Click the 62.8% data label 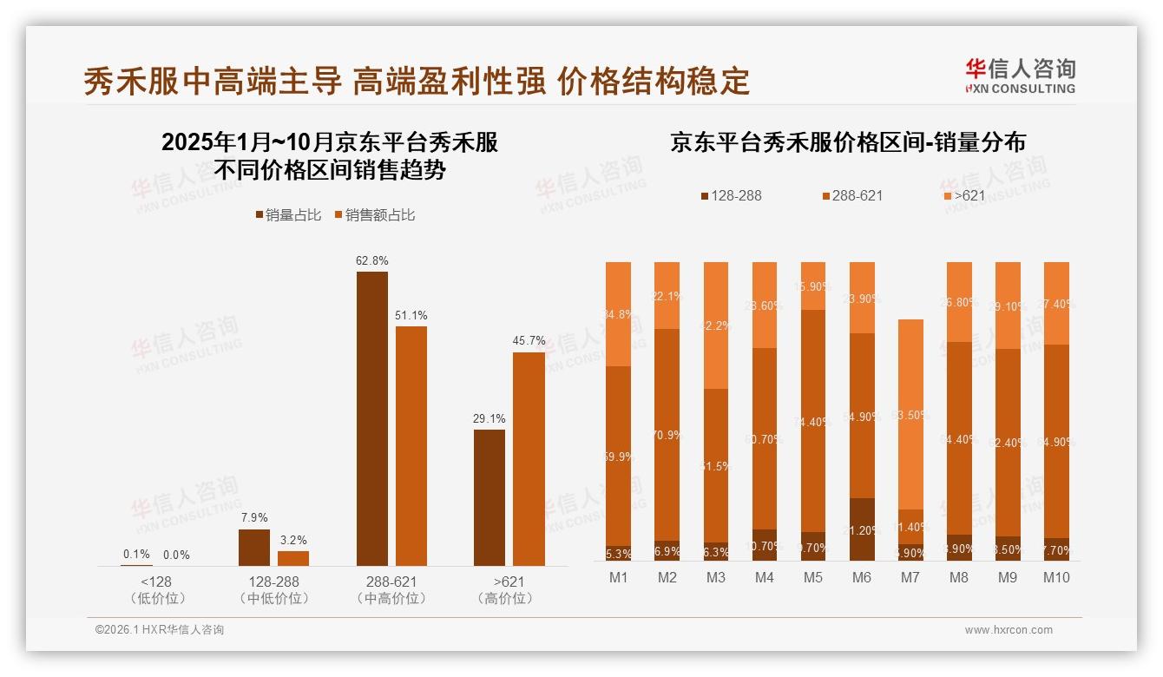(x=371, y=260)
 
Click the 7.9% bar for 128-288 (x=253, y=547)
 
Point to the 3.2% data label (x=293, y=540)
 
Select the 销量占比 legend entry (x=290, y=214)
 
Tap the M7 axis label (x=910, y=577)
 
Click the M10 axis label (x=1056, y=577)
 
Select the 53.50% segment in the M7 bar (x=910, y=414)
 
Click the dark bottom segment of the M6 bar (x=862, y=529)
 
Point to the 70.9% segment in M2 (x=667, y=434)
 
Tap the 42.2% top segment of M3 (x=716, y=325)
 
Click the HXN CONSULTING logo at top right (x=1020, y=76)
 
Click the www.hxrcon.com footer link (x=1008, y=630)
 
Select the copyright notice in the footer (x=159, y=630)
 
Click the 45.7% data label (x=529, y=341)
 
